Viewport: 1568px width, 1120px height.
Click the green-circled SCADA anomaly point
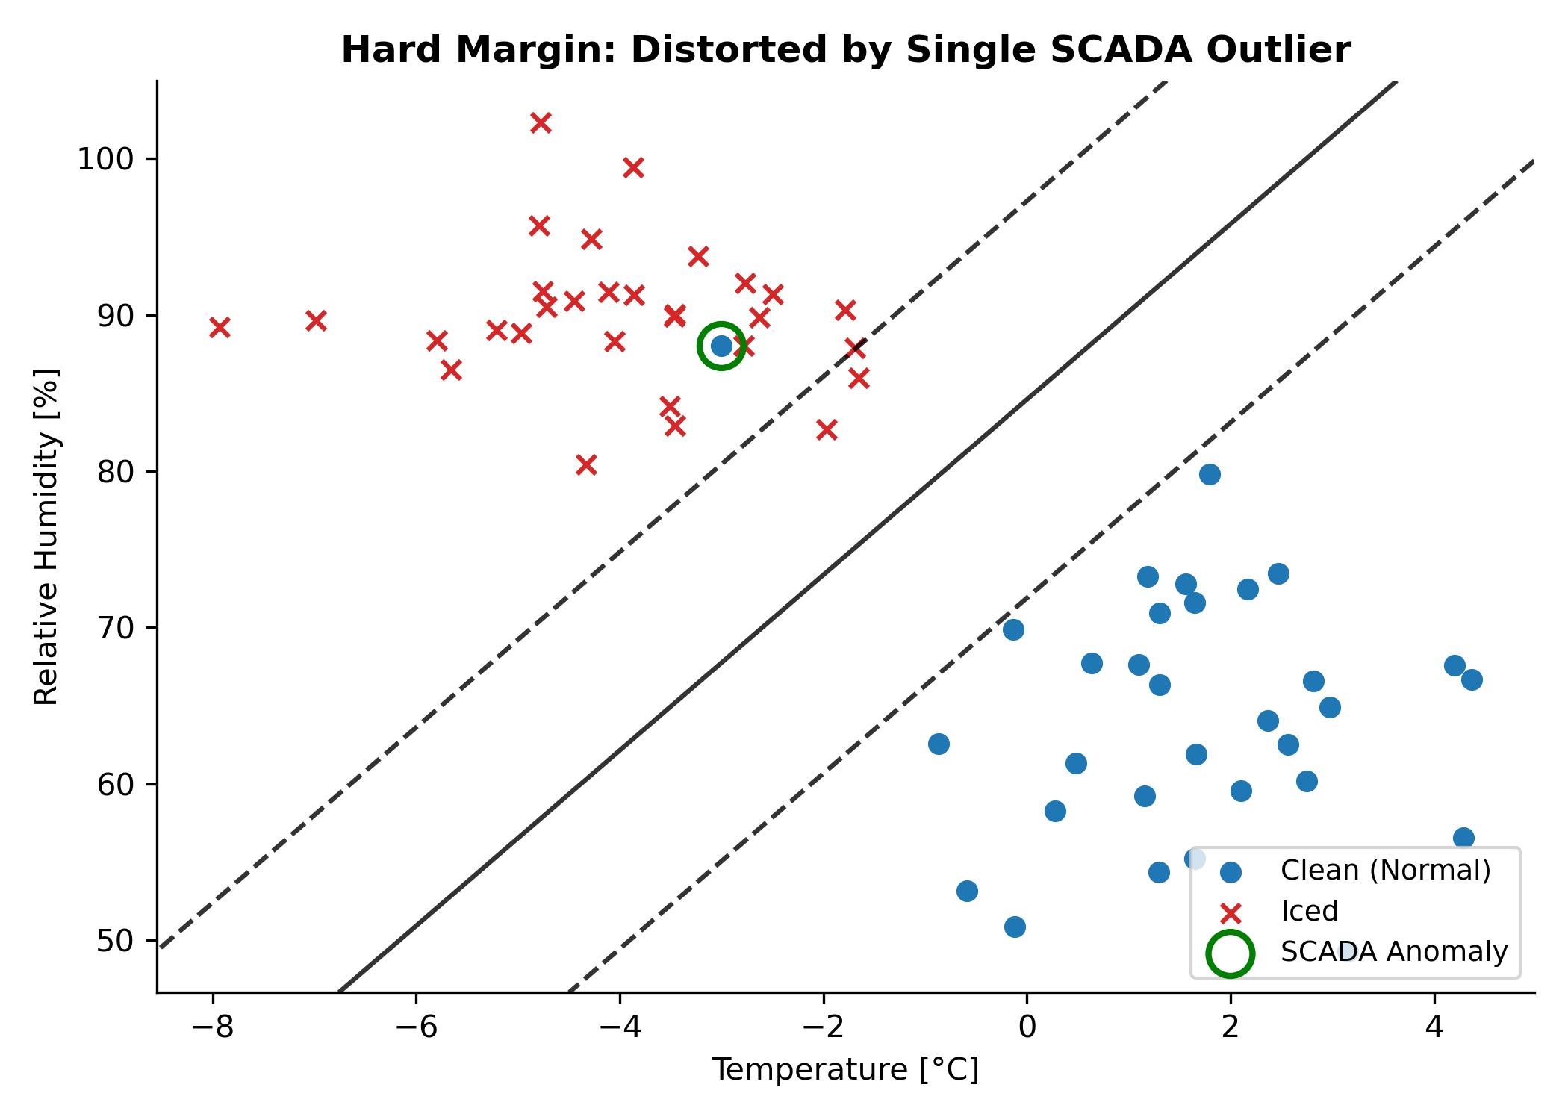pos(721,346)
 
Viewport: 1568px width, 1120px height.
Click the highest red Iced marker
pos(541,123)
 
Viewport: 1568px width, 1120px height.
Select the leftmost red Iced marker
pos(220,327)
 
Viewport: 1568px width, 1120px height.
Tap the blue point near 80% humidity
pos(1210,474)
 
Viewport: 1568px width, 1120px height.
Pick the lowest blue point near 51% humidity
pos(1015,927)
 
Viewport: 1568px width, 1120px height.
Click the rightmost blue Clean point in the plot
pos(1472,679)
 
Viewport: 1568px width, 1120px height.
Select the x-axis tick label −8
pos(213,1028)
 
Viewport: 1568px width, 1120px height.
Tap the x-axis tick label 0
pos(1027,1028)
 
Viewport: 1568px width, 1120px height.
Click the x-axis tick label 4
pos(1434,1028)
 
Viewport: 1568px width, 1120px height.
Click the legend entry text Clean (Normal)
pos(1385,871)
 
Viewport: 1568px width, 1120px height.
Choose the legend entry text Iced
pos(1309,912)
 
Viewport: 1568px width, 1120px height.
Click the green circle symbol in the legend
pos(1230,953)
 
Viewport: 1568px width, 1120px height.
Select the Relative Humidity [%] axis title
pos(46,536)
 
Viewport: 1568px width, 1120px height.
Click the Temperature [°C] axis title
pos(845,1070)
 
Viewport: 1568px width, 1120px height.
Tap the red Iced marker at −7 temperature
pos(316,321)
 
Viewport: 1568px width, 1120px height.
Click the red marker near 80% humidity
pos(586,464)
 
